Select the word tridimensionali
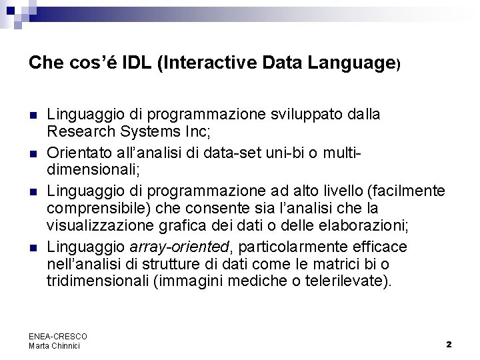(97, 281)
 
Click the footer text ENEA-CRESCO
(58, 336)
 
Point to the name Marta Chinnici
(54, 345)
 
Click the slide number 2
(449, 344)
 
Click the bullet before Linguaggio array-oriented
(33, 247)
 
